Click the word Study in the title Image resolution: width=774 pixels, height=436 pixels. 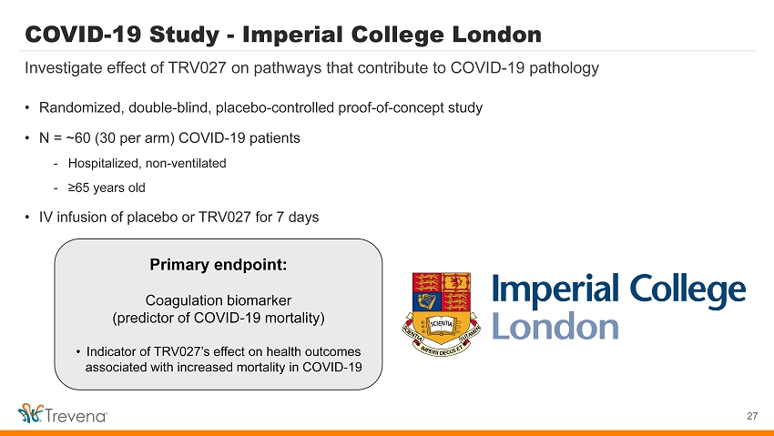tap(184, 35)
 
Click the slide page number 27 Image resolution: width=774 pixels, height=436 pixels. tap(752, 416)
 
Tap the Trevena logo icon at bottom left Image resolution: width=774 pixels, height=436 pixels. tap(31, 413)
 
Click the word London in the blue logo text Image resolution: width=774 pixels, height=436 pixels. tap(555, 327)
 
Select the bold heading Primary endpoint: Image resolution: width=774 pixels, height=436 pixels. tap(219, 265)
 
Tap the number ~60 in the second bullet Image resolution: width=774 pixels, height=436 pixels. tap(78, 138)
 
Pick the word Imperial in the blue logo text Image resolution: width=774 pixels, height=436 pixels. tap(555, 289)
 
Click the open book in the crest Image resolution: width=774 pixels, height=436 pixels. tap(441, 324)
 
